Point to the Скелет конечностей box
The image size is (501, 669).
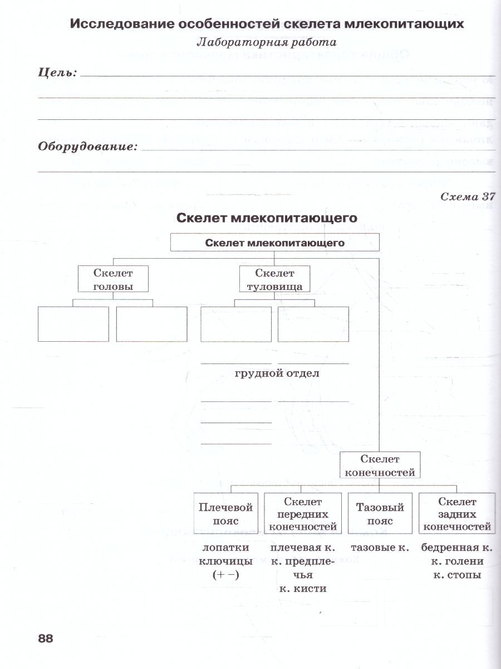point(380,466)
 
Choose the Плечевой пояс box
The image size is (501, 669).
point(225,514)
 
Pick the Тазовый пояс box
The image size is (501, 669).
point(380,514)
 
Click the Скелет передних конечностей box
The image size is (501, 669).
point(303,514)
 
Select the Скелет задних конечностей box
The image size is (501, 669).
point(457,514)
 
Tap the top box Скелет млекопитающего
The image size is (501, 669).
point(274,243)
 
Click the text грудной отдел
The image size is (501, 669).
point(277,374)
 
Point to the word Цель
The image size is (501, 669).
point(57,73)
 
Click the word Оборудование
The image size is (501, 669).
point(87,147)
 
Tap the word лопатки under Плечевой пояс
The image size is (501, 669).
point(225,547)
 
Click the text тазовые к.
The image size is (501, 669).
point(380,547)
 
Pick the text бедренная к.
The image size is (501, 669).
point(457,547)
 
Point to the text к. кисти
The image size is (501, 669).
point(303,588)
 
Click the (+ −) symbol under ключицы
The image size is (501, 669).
point(225,575)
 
